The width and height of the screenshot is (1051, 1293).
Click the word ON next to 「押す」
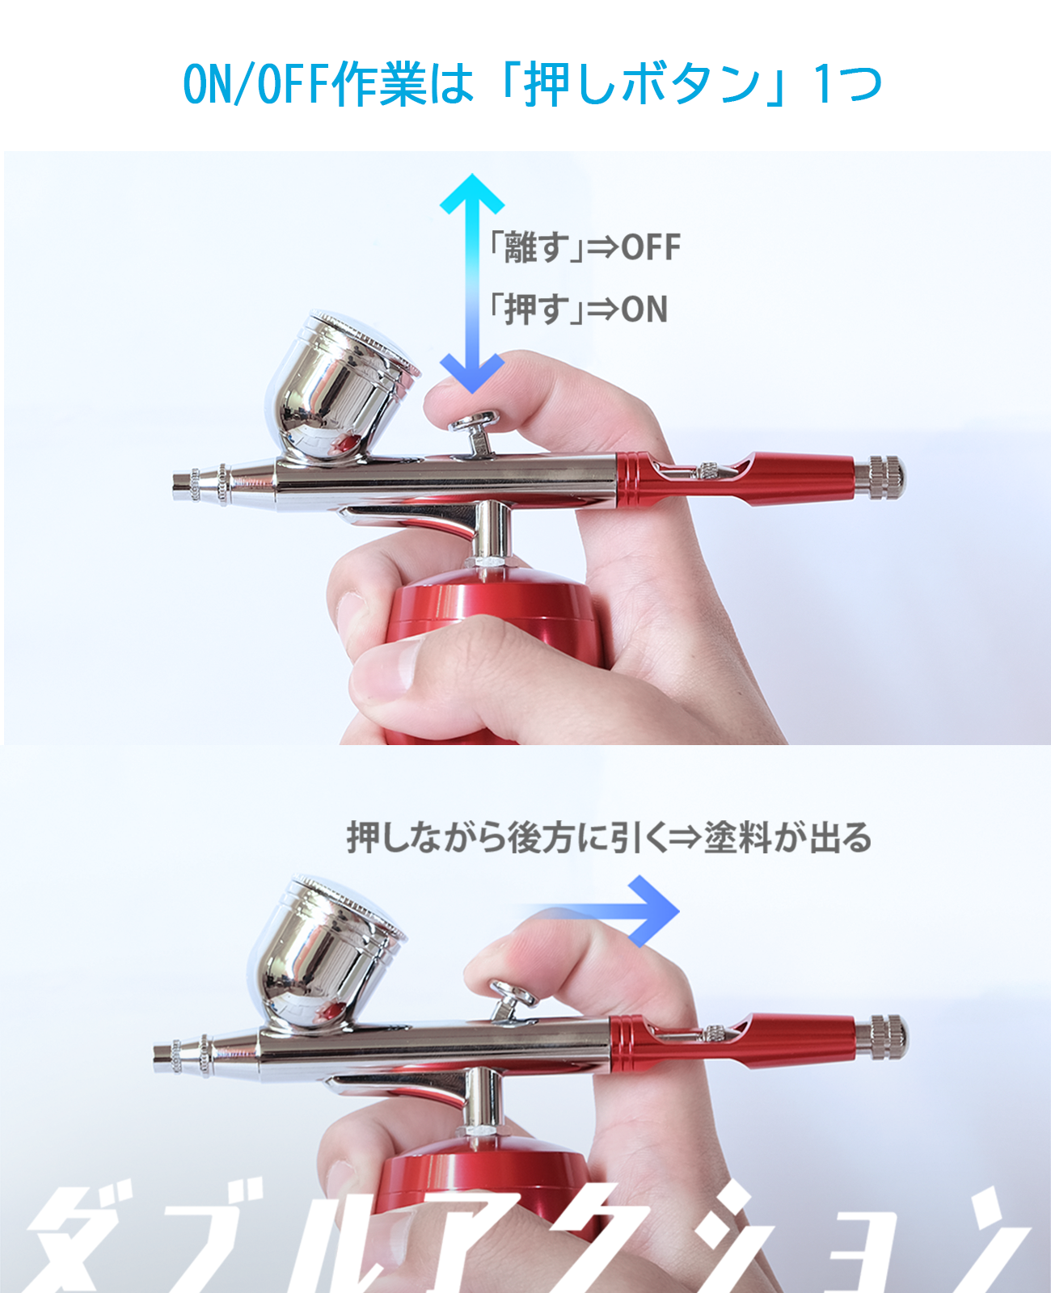[x=644, y=309]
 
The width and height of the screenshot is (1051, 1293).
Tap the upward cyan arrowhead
[x=472, y=193]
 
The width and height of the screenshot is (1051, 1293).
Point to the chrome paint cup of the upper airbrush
[x=340, y=386]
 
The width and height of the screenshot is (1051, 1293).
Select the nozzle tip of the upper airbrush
[x=181, y=486]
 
